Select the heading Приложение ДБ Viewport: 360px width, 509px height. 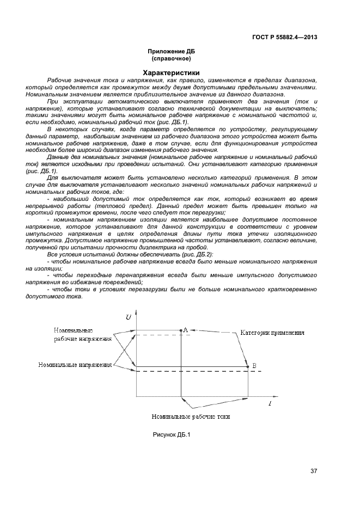[170, 52]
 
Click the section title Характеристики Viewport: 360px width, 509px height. [170, 72]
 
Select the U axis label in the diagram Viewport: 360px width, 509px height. [129, 317]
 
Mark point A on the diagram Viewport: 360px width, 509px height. [180, 330]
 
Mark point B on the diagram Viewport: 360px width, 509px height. [248, 366]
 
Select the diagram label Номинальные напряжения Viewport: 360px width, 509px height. [75, 365]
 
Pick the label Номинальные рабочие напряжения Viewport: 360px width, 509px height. [82, 334]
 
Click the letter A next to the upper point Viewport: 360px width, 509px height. [185, 329]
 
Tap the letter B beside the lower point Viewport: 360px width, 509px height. [253, 366]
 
